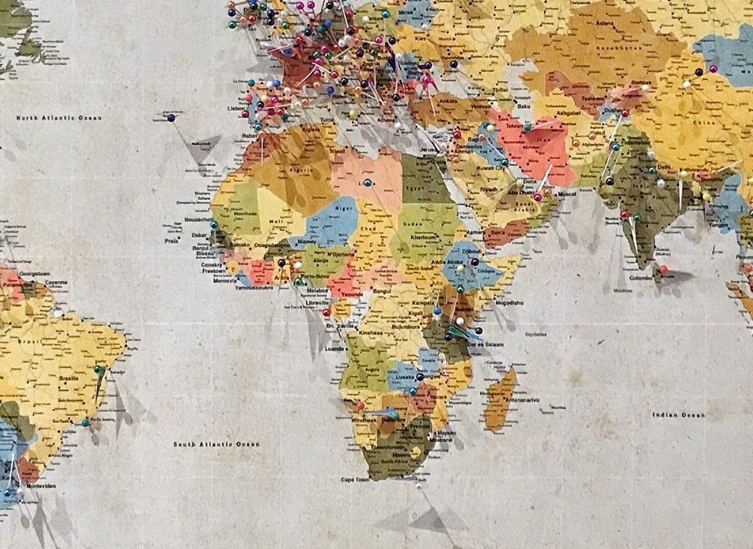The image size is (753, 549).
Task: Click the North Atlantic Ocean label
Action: [59, 118]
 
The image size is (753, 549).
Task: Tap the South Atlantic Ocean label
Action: [216, 444]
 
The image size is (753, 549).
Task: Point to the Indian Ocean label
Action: [678, 415]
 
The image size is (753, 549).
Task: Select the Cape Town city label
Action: [356, 479]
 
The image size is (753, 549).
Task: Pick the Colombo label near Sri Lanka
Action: [641, 278]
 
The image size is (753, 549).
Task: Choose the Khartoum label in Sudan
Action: [424, 237]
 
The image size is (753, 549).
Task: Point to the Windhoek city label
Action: [365, 420]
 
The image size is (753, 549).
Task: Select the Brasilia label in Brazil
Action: [68, 379]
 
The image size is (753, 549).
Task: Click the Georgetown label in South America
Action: [34, 274]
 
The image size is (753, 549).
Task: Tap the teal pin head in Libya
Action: [367, 182]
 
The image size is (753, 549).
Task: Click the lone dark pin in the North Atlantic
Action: [171, 118]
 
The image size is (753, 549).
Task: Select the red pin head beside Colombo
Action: [663, 269]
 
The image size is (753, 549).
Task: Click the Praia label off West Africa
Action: [172, 241]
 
